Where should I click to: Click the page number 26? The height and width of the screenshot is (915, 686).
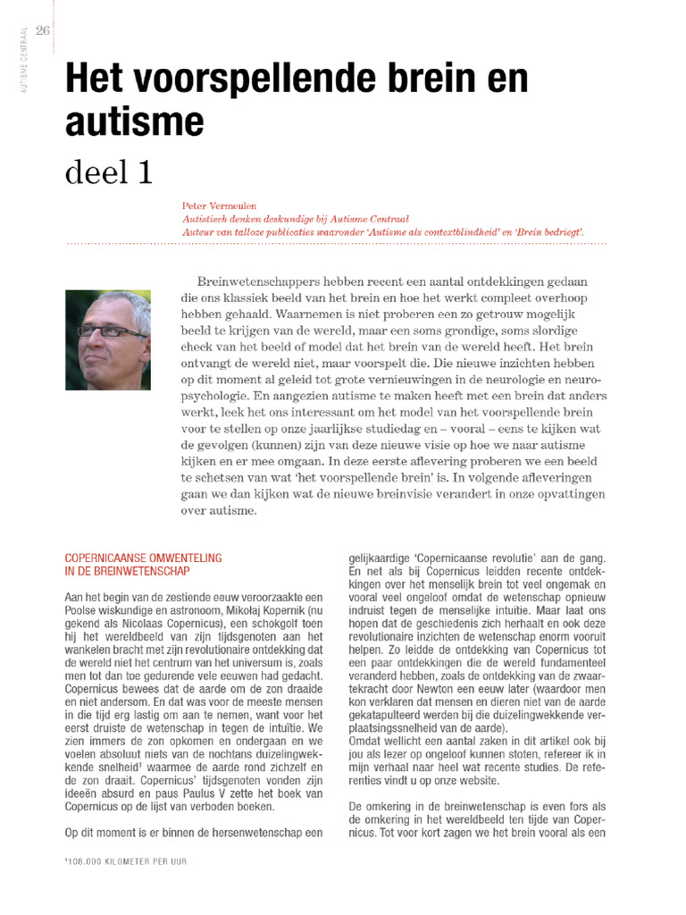(x=42, y=30)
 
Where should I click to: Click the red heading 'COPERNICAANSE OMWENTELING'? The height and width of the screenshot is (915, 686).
(x=143, y=558)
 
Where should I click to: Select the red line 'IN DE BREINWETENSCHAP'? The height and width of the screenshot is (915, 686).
(x=127, y=570)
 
